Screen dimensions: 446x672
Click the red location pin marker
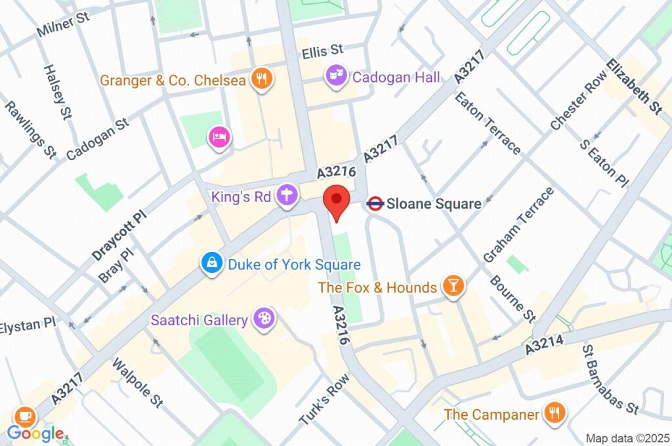point(337,200)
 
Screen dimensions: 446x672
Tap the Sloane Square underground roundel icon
point(375,204)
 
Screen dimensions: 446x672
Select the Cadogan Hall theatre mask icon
point(336,77)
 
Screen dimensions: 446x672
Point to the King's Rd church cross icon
point(287,195)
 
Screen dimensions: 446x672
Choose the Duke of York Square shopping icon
point(211,264)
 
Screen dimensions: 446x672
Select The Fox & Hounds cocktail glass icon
point(452,287)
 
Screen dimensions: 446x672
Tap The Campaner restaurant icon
point(555,413)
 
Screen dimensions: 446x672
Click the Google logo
point(35,433)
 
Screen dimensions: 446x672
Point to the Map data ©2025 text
point(626,437)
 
